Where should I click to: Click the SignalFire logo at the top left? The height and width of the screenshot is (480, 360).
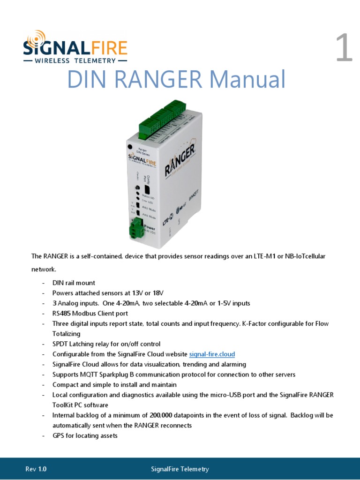tap(75, 47)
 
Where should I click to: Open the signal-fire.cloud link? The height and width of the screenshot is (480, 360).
tap(212, 354)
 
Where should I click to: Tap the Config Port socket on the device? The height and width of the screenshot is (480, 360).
tap(147, 190)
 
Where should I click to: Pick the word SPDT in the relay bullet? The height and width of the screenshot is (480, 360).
tap(60, 344)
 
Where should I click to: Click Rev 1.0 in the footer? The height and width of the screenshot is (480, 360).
tap(36, 469)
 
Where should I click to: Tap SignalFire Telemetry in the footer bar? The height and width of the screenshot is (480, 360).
tap(180, 469)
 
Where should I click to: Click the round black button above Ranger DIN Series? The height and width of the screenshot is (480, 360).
tap(130, 147)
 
